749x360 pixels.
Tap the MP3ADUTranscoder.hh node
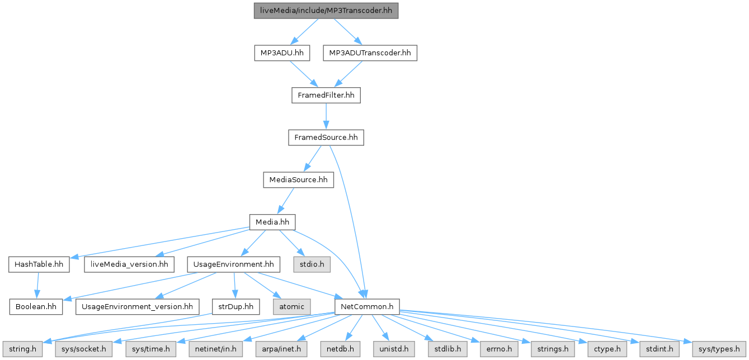coord(370,53)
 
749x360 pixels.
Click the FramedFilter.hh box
coord(326,96)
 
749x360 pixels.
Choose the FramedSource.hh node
coord(326,138)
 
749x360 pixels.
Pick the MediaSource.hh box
coord(298,180)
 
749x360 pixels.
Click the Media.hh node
coord(272,222)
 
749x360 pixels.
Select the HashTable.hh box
coord(39,264)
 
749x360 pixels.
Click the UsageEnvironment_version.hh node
coord(137,306)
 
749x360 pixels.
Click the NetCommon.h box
coord(366,306)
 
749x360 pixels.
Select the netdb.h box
coord(346,349)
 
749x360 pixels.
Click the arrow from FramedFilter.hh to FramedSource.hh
coord(326,116)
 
